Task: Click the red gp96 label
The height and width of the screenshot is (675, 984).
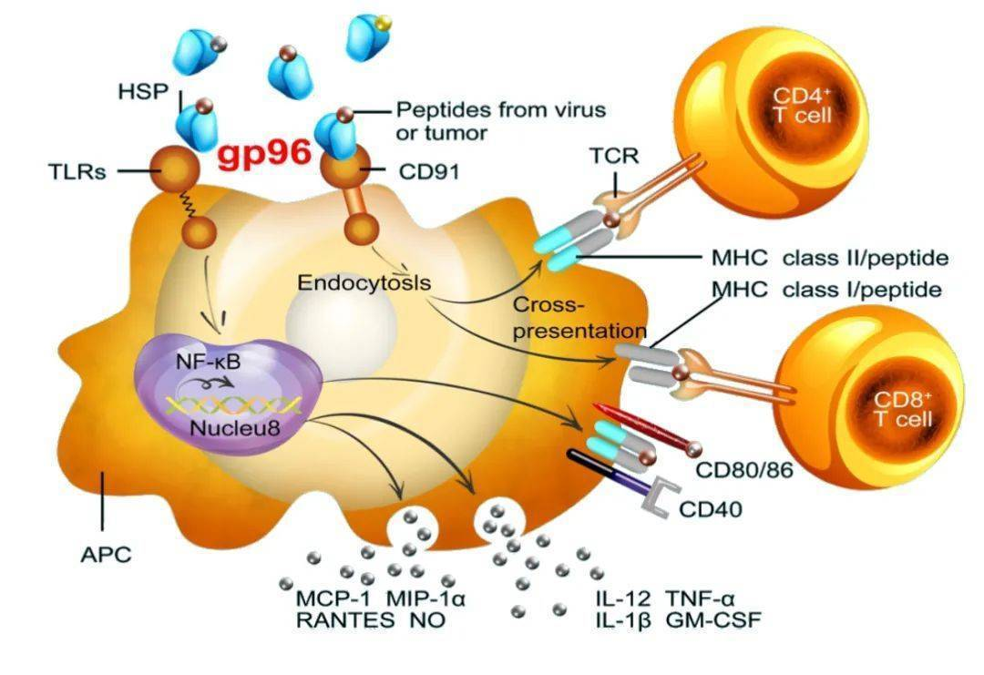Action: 264,152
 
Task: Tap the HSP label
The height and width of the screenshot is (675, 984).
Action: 140,91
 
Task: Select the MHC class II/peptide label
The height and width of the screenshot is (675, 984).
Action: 830,258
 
